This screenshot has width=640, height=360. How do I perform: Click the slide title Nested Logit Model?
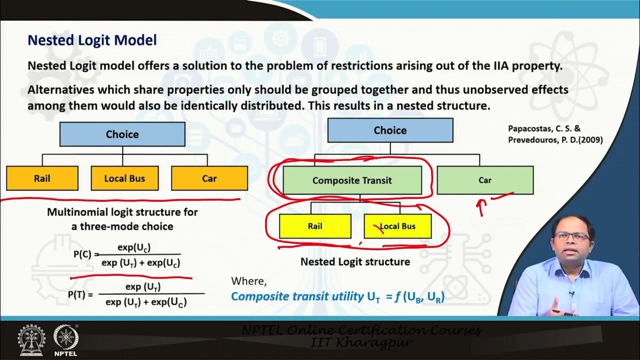pos(92,40)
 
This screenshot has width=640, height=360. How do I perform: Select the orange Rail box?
pos(42,178)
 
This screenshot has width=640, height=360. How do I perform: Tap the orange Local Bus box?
pos(124,178)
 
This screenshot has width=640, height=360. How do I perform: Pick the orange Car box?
pos(209,178)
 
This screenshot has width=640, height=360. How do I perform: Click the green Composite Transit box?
pos(352,180)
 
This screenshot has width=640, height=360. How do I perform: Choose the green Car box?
pos(484,180)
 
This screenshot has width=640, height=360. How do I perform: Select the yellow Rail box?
pos(315,226)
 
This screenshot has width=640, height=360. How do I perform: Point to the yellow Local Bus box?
pos(397,226)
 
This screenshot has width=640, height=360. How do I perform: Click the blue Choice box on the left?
pos(122,134)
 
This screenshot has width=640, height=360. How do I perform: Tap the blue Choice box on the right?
pos(390,130)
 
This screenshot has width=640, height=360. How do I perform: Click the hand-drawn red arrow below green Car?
pos(483,206)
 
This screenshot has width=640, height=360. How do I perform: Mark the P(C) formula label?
pos(82,254)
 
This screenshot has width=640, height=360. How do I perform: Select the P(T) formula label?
pos(80,294)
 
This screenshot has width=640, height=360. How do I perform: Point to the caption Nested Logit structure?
pos(355,261)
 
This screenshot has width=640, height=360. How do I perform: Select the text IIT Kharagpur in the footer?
pos(361,342)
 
